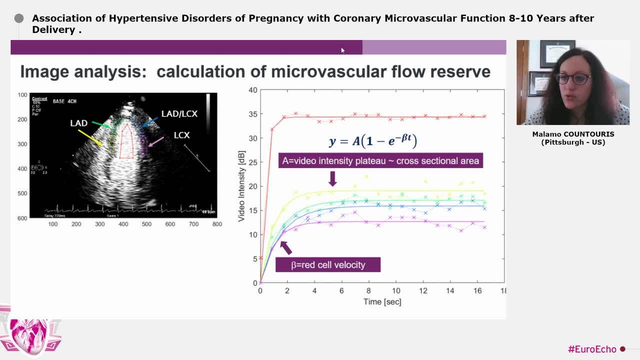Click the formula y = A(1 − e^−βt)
372,140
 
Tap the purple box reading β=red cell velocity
328,265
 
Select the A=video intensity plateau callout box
380,160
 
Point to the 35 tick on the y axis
253,114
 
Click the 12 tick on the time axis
423,291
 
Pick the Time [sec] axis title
382,301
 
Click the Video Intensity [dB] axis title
241,186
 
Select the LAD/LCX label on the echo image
179,114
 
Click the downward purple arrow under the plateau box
332,178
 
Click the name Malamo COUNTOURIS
573,134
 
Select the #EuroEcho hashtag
591,349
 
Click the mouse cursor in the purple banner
342,50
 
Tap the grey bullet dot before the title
19,18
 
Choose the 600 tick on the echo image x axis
170,224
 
